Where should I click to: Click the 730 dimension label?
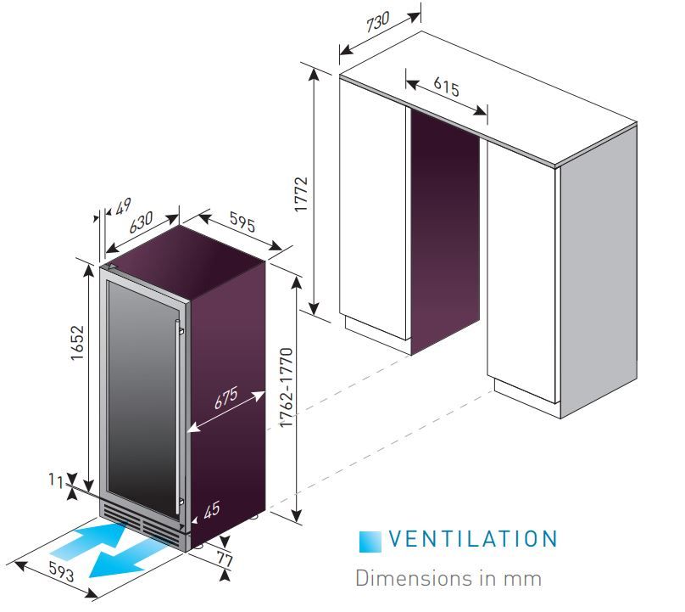click(x=378, y=21)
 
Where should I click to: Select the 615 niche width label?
click(x=447, y=87)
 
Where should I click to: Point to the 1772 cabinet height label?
click(x=301, y=194)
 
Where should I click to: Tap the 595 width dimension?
click(x=242, y=222)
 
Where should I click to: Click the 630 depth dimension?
click(x=141, y=222)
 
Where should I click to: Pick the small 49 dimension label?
click(x=123, y=205)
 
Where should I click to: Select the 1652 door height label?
click(x=77, y=343)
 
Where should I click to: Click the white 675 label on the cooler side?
click(x=226, y=397)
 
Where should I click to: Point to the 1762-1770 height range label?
click(x=287, y=388)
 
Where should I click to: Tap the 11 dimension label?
click(x=56, y=480)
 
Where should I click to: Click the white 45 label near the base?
click(x=212, y=510)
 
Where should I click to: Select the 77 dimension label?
click(x=225, y=559)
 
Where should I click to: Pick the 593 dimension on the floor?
click(x=61, y=571)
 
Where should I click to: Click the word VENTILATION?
click(x=473, y=539)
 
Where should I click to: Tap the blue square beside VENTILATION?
click(x=370, y=542)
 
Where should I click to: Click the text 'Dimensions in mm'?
click(x=448, y=578)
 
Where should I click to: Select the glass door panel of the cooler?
click(x=142, y=396)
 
